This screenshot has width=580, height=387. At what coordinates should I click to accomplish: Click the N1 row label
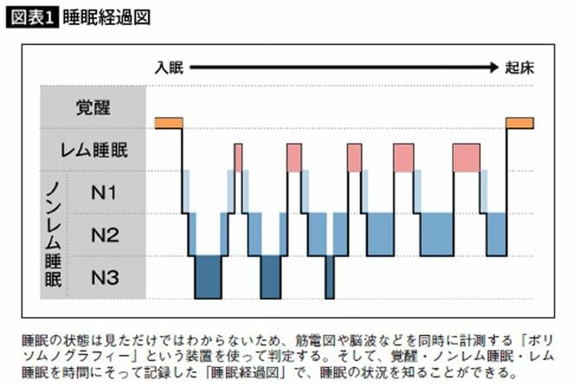tap(105, 192)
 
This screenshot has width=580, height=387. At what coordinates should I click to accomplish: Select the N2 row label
tap(105, 235)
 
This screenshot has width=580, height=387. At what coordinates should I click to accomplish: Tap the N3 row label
tap(105, 278)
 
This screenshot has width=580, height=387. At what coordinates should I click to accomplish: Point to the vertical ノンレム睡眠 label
tap(54, 235)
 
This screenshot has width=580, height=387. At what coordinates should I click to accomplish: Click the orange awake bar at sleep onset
tap(168, 122)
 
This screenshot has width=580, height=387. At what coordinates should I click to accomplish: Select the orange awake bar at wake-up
tap(519, 122)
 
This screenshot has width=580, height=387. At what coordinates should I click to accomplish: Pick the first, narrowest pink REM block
tap(238, 157)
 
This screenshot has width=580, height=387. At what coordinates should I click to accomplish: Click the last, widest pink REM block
tap(466, 157)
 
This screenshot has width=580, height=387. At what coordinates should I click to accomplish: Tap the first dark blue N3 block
tap(208, 277)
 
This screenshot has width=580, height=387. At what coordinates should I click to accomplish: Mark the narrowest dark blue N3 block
tap(329, 277)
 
